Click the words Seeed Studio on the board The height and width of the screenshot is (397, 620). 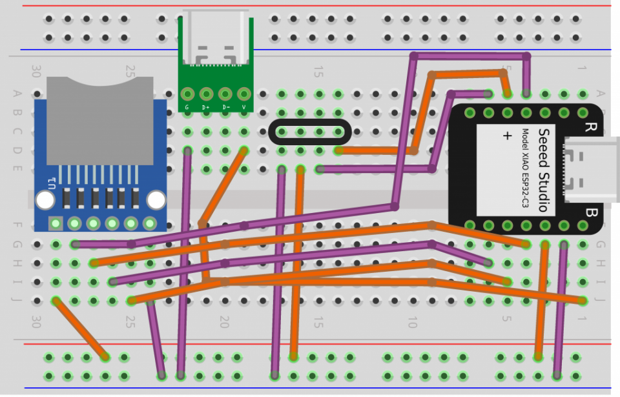tap(543, 169)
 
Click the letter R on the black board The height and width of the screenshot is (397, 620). tap(589, 127)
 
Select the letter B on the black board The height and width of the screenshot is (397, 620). tap(589, 212)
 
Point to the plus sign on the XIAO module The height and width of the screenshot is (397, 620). tap(507, 136)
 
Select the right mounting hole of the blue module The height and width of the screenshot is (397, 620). tap(156, 200)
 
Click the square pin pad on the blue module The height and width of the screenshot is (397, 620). tap(56, 223)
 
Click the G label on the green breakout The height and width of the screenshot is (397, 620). tap(187, 107)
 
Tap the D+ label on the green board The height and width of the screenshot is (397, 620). tap(206, 107)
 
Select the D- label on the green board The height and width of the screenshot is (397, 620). tap(225, 107)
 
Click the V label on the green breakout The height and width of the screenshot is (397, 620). tap(244, 107)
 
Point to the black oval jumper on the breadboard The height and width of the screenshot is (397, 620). tap(310, 132)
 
